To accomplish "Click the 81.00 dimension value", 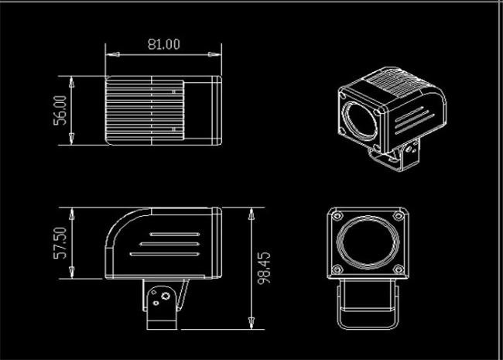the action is pos(164,44).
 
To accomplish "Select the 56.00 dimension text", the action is pos(60,111).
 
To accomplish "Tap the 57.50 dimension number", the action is pos(60,243).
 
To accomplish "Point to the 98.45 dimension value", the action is pos(265,268).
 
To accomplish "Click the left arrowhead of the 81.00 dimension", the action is pos(113,54).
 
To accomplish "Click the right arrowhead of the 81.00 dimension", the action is pos(214,54).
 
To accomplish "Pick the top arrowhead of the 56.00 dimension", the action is pos(71,82).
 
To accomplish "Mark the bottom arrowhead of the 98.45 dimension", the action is pos(251,323).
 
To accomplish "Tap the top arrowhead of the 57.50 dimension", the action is pos(71,214).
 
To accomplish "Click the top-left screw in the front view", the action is pos(337,216).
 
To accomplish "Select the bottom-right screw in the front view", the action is pos(399,269).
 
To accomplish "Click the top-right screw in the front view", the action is pos(399,216).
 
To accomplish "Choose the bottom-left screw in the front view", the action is pos(337,269).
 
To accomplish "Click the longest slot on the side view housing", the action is pos(165,255).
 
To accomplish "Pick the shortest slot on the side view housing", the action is pos(175,235).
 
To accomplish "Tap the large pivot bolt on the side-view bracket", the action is pos(166,296).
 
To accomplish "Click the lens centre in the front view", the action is pos(368,242).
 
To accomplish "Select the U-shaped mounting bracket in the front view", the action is pos(368,327).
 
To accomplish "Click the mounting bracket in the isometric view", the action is pos(395,157).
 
